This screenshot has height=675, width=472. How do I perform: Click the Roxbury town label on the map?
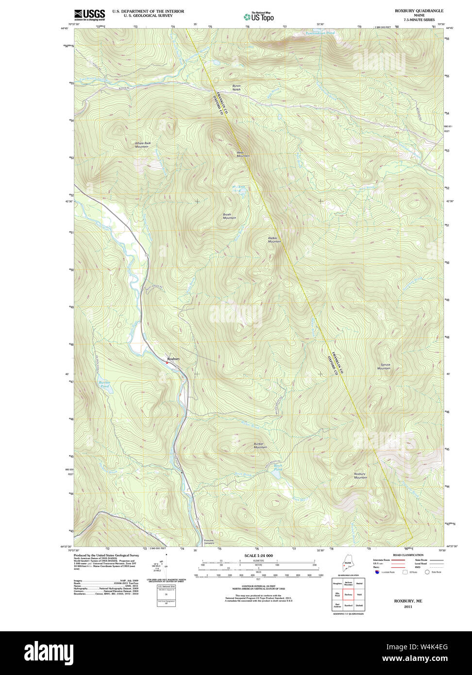pyautogui.click(x=173, y=359)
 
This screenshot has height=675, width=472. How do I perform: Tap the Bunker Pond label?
pyautogui.click(x=104, y=384)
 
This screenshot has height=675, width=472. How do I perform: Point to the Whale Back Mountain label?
pyautogui.click(x=143, y=145)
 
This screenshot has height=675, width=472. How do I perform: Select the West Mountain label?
pyautogui.click(x=243, y=154)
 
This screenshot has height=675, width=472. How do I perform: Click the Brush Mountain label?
pyautogui.click(x=229, y=216)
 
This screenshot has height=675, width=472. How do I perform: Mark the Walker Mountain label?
pyautogui.click(x=274, y=239)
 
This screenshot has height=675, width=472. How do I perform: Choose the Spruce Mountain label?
pyautogui.click(x=384, y=367)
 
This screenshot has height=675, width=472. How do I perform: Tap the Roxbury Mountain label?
pyautogui.click(x=360, y=475)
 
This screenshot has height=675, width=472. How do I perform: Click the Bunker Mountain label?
pyautogui.click(x=260, y=445)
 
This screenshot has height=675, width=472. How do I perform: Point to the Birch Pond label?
pyautogui.click(x=278, y=468)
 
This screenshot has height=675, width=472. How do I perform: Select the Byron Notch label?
pyautogui.click(x=236, y=88)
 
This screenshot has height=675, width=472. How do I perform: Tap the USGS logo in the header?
pyautogui.click(x=89, y=15)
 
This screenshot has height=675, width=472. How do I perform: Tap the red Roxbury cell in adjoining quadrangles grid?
pyautogui.click(x=348, y=593)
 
